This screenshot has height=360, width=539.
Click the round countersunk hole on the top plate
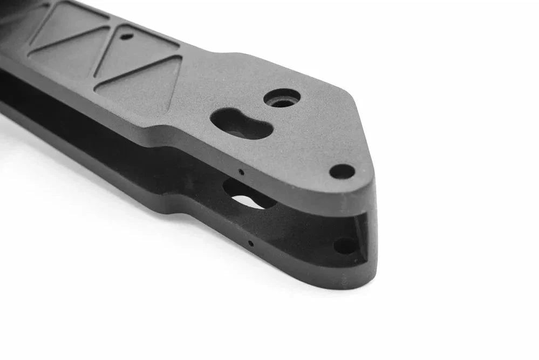point(282,98)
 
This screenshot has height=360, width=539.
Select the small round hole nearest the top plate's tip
point(342,172)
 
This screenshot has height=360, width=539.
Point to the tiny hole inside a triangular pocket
point(126,37)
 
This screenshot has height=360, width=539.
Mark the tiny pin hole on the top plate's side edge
point(241,173)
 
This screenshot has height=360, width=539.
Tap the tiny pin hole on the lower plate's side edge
point(251,243)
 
